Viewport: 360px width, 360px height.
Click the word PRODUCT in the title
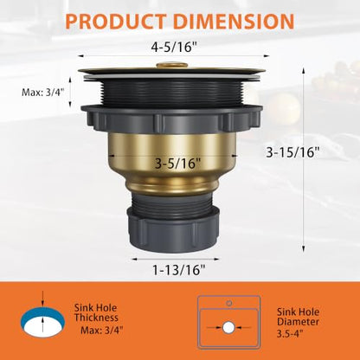116,21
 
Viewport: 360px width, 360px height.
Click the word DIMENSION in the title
234,21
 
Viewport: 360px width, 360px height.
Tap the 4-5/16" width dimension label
176,47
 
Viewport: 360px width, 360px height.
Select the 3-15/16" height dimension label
293,152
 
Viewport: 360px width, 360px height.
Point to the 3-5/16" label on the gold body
177,164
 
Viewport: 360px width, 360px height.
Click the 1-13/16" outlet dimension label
178,270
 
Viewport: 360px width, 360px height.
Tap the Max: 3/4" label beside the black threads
42,93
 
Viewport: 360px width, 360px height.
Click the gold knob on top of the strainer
172,65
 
